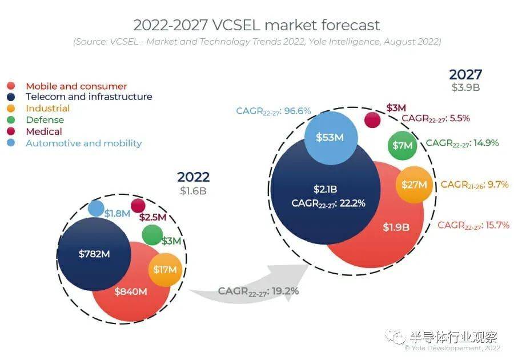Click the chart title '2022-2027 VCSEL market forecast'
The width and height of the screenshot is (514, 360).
pyautogui.click(x=256, y=25)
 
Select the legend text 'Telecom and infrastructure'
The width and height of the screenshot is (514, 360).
pyautogui.click(x=89, y=97)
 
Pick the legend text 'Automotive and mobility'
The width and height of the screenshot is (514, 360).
pyautogui.click(x=83, y=143)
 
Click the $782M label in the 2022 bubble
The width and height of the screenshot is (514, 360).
pyautogui.click(x=94, y=254)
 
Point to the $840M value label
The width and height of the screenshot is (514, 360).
pyautogui.click(x=131, y=291)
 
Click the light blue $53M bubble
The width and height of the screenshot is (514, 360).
pyautogui.click(x=331, y=138)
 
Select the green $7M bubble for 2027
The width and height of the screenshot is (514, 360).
pyautogui.click(x=402, y=145)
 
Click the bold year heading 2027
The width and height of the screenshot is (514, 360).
pyautogui.click(x=465, y=74)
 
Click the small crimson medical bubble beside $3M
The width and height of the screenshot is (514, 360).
pyautogui.click(x=372, y=120)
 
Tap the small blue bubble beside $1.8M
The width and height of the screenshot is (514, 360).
pyautogui.click(x=96, y=209)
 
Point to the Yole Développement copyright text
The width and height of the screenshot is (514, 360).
pyautogui.click(x=452, y=348)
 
